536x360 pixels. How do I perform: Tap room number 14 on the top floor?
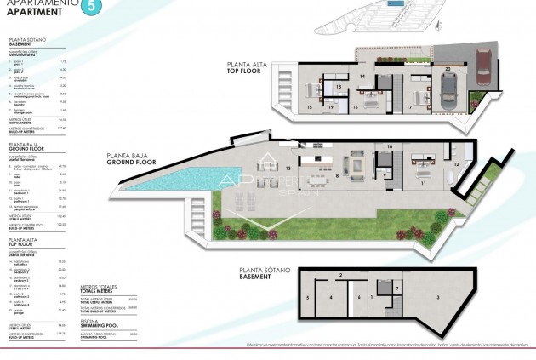362,77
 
